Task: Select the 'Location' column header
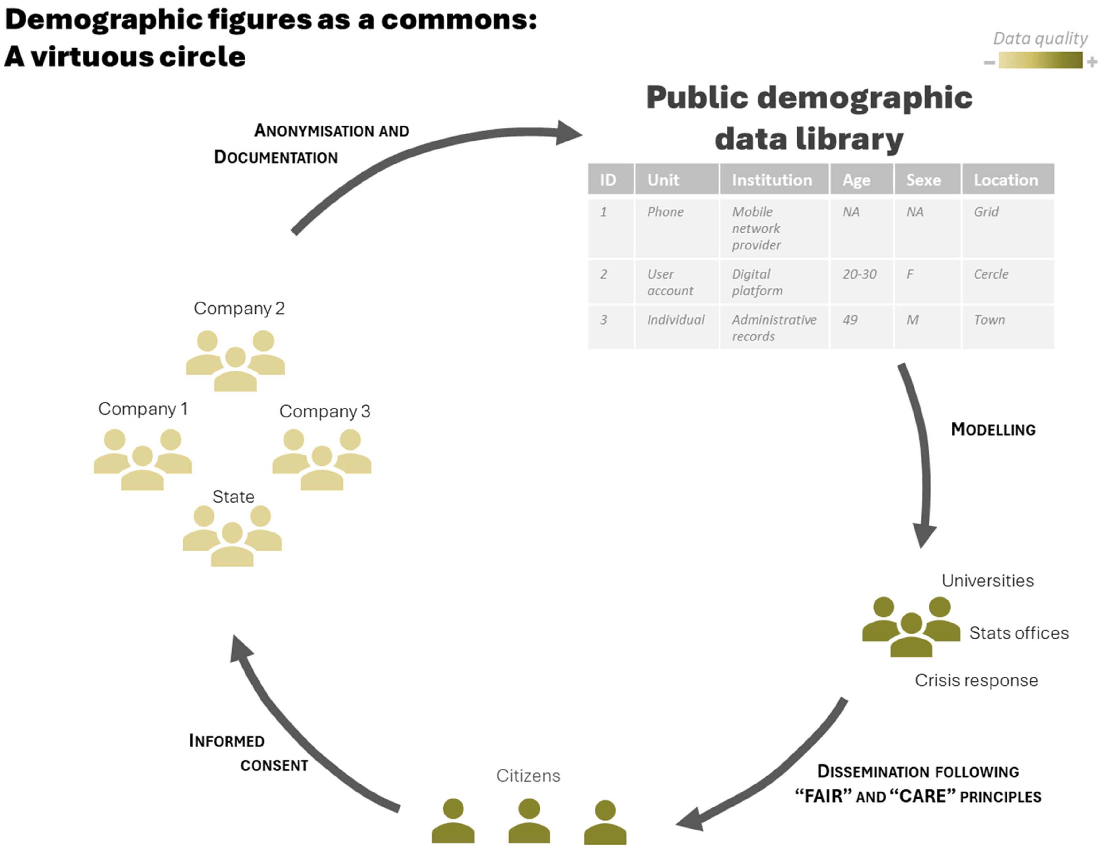pos(1006,180)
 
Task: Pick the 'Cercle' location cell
pos(991,274)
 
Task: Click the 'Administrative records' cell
pos(774,328)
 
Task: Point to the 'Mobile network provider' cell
pos(756,228)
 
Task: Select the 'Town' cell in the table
pos(989,320)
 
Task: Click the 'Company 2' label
pos(239,308)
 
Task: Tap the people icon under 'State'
pos(232,536)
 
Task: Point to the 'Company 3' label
pos(324,411)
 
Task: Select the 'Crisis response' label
pos(976,680)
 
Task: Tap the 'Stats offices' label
pos(1019,633)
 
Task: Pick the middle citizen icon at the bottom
pos(529,820)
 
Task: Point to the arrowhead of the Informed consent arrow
pos(240,649)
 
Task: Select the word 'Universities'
pos(987,581)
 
